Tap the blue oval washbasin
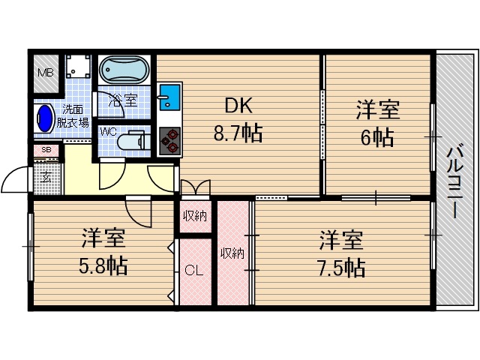tap(45, 118)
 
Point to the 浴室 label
tap(121, 99)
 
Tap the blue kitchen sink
tap(168, 97)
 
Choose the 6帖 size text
tap(377, 137)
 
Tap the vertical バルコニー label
tap(454, 180)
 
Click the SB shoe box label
tap(46, 150)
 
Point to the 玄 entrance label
tap(46, 177)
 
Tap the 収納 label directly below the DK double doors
tap(195, 217)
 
